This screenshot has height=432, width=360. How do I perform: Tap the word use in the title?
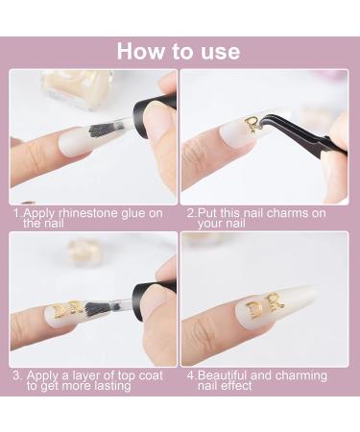click(x=217, y=50)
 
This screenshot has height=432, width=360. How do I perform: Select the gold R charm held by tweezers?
click(x=252, y=124)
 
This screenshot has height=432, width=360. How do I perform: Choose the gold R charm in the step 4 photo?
click(x=276, y=300)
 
